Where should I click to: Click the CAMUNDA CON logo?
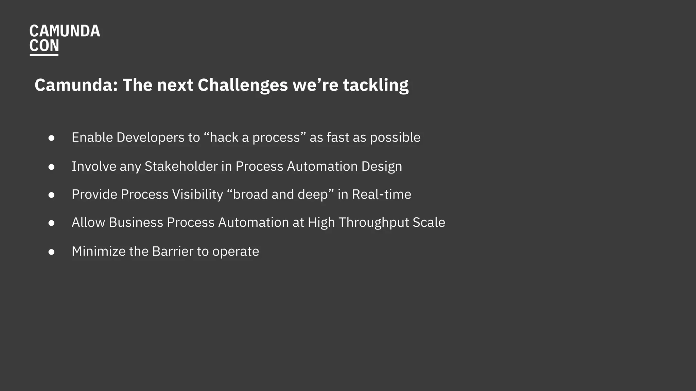pyautogui.click(x=64, y=39)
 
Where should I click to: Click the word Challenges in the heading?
pyautogui.click(x=243, y=85)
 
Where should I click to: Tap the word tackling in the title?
pyautogui.click(x=376, y=85)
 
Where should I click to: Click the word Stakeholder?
pyautogui.click(x=181, y=166)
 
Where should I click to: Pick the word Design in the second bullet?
pyautogui.click(x=382, y=166)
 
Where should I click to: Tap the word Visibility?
pyautogui.click(x=197, y=194)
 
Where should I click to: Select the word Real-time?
pyautogui.click(x=381, y=194)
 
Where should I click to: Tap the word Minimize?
pyautogui.click(x=99, y=252)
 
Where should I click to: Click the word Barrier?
pyautogui.click(x=173, y=252)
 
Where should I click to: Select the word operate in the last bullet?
pyautogui.click(x=236, y=252)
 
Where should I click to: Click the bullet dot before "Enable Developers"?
pyautogui.click(x=52, y=138)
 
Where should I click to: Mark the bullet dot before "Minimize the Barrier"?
pyautogui.click(x=52, y=252)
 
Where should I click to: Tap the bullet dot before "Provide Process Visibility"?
pyautogui.click(x=52, y=195)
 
